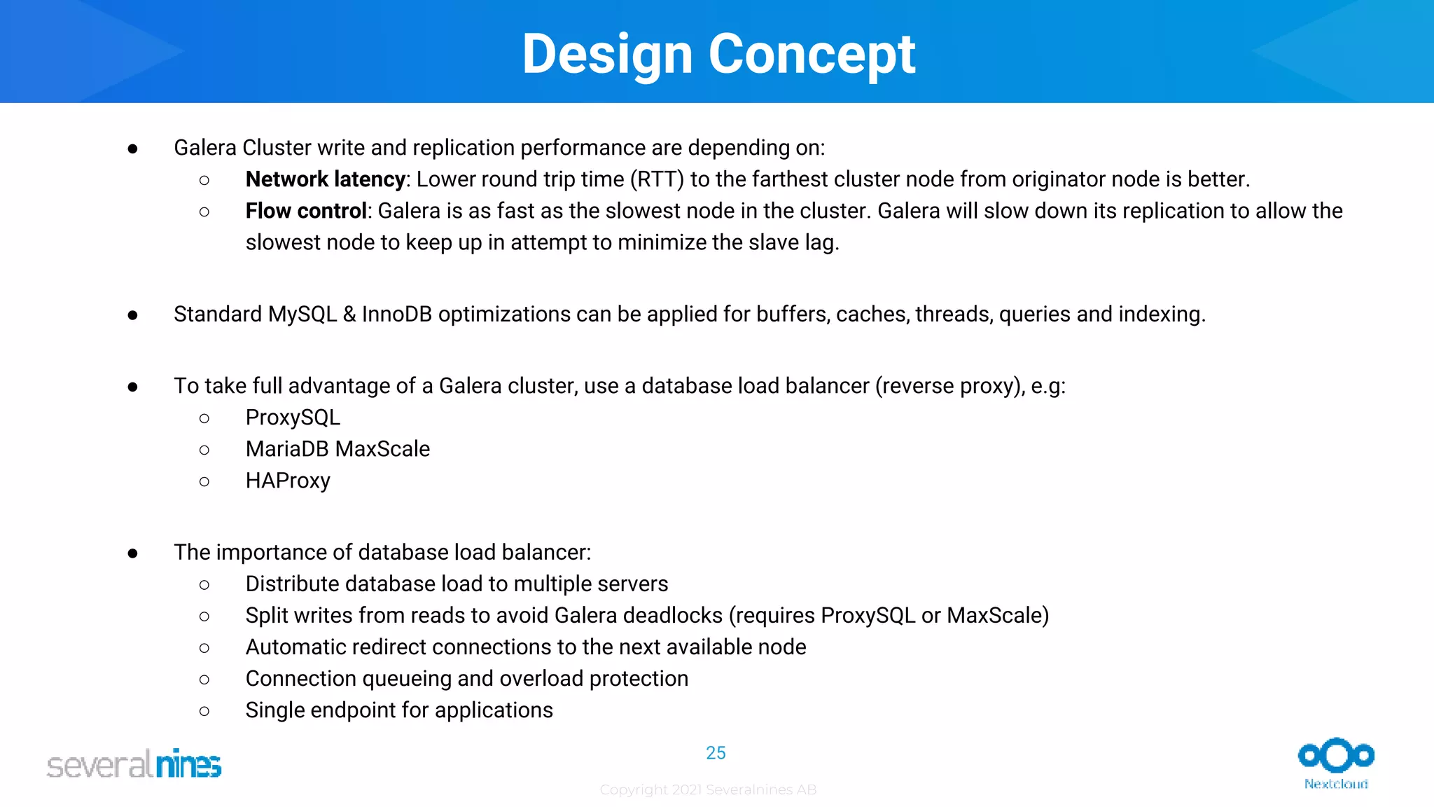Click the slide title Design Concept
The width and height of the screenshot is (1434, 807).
(x=718, y=54)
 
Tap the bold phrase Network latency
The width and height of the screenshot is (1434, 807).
(x=325, y=179)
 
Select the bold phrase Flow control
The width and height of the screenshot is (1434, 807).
(x=306, y=211)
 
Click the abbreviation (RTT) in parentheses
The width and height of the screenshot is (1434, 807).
(x=657, y=179)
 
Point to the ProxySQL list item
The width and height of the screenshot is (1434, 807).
(x=293, y=418)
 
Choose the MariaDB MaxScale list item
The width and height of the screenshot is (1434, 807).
(x=337, y=449)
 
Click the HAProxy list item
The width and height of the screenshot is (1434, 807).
(x=288, y=481)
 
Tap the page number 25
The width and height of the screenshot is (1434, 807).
(x=716, y=753)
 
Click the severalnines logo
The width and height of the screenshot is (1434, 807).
(x=134, y=764)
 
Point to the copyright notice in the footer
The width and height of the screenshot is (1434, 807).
(x=708, y=790)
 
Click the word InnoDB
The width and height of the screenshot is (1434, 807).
(x=396, y=315)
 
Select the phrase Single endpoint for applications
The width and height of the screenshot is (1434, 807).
(x=399, y=710)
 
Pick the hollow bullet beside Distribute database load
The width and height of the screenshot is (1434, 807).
(x=204, y=585)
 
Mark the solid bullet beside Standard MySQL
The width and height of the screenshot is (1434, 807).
(x=133, y=316)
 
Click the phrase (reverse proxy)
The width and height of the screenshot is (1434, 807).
(x=950, y=386)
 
